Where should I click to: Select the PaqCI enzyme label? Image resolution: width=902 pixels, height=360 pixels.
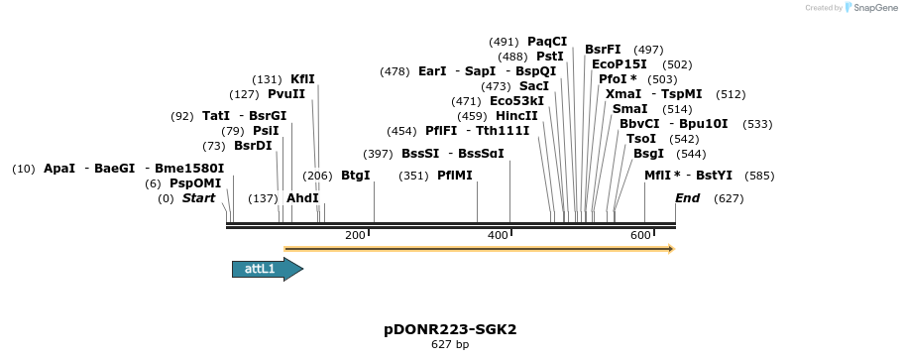pos(547,42)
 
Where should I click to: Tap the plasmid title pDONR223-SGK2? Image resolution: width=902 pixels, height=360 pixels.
pos(450,329)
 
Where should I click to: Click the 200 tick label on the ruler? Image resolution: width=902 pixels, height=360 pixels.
pos(355,235)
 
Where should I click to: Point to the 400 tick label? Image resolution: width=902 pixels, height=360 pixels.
pos(498,235)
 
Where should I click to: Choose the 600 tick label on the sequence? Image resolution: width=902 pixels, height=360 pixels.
pos(640,235)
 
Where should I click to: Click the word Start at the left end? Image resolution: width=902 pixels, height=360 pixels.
pos(198,198)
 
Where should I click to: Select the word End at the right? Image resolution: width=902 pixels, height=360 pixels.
pos(688,198)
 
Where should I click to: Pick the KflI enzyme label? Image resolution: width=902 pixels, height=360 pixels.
pos(302,79)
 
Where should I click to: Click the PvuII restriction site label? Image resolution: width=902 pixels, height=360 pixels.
pos(286,94)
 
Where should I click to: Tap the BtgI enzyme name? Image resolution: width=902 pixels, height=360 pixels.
pos(355,176)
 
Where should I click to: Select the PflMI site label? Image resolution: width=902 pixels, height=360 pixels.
pos(455,176)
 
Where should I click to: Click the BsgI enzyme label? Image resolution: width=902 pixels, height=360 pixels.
pos(648,154)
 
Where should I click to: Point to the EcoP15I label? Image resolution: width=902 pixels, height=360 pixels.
pos(620,64)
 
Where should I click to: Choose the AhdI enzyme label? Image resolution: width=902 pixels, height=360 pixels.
pos(302,198)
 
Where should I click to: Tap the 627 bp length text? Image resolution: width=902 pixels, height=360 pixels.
pos(450,345)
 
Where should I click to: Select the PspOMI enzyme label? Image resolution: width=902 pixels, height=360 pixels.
pos(195,183)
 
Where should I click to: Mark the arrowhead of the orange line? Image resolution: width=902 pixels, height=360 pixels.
pos(670,249)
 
